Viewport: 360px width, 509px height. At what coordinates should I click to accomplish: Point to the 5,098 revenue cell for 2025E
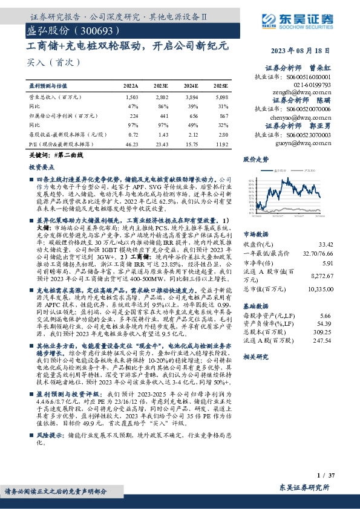tap(221, 97)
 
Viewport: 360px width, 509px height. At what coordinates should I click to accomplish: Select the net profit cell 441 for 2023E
tap(162, 114)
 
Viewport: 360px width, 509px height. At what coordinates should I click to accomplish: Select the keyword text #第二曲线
tap(67, 155)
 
